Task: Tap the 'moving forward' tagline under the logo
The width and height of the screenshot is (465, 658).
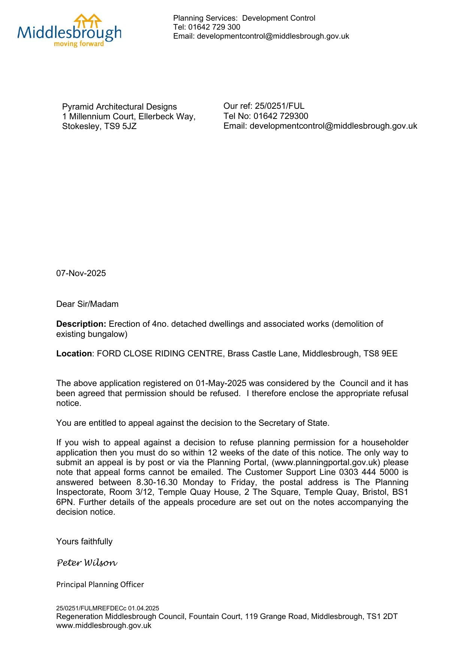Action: click(x=79, y=44)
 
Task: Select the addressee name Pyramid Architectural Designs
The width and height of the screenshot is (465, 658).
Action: click(x=119, y=107)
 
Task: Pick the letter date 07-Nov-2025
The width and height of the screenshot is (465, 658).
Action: click(x=81, y=273)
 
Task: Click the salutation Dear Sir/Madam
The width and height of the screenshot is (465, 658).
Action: click(x=87, y=304)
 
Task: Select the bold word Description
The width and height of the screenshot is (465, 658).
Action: click(x=81, y=324)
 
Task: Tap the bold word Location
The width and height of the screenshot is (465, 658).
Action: click(x=74, y=354)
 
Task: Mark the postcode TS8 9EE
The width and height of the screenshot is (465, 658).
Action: click(x=381, y=354)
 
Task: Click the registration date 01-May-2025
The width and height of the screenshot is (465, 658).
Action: click(x=221, y=383)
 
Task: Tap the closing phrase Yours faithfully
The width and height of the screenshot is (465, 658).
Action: click(x=84, y=542)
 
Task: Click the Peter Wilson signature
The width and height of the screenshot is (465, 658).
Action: click(x=87, y=563)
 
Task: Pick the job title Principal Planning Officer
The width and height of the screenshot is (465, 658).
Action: click(x=100, y=584)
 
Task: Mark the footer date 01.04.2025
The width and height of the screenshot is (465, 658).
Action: click(x=144, y=608)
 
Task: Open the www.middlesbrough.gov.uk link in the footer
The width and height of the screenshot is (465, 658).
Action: click(x=104, y=626)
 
